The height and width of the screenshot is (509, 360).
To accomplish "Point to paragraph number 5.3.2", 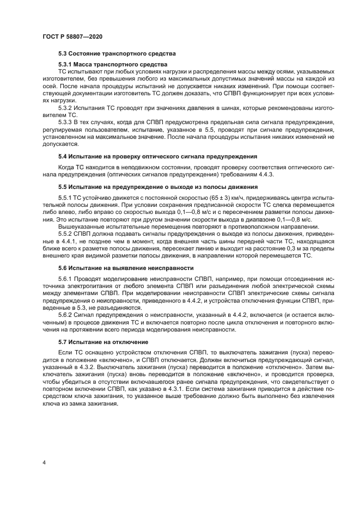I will click(x=66, y=107).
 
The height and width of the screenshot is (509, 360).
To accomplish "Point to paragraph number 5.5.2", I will click(x=66, y=233).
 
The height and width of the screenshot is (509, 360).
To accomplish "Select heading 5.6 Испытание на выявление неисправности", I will click(x=126, y=268).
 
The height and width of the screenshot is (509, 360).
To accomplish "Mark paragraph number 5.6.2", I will click(x=66, y=314).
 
